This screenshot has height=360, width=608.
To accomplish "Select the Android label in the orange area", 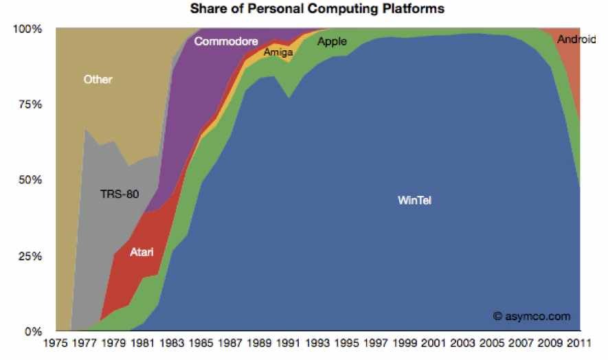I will click(x=576, y=39).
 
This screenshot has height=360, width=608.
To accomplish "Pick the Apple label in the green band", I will click(x=332, y=42).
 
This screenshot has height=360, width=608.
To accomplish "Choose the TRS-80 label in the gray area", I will click(x=119, y=194).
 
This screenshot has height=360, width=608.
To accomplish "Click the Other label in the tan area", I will click(x=98, y=79).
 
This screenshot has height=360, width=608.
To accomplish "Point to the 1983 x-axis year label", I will click(x=174, y=344).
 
